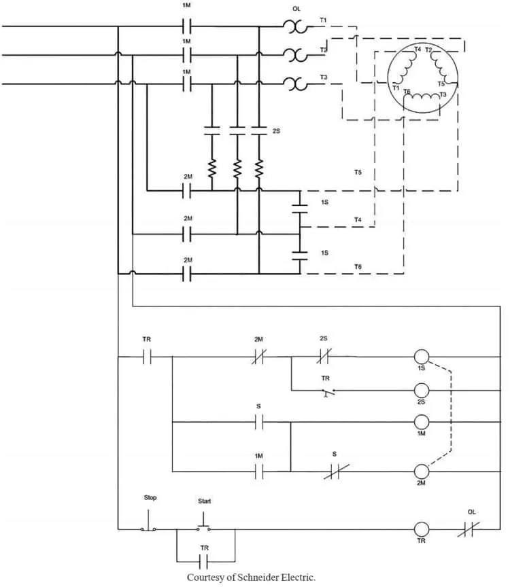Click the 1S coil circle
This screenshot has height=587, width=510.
(x=421, y=357)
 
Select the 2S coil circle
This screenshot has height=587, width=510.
(x=421, y=391)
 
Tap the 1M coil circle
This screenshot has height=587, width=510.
(x=421, y=422)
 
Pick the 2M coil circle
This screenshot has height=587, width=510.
(x=421, y=472)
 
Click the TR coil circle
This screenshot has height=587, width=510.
(x=421, y=529)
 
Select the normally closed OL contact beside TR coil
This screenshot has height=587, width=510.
(x=469, y=529)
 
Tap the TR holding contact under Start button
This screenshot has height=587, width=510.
(x=204, y=562)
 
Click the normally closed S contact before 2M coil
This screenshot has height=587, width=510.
(x=336, y=472)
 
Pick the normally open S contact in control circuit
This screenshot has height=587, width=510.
(x=258, y=422)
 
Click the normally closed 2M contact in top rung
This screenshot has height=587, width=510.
(x=259, y=357)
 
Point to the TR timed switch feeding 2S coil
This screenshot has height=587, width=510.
(x=326, y=391)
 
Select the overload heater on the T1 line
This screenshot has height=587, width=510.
(x=296, y=26)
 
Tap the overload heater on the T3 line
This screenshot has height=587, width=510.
(x=296, y=84)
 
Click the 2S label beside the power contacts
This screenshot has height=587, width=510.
(x=276, y=131)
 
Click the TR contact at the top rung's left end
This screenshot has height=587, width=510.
(x=147, y=357)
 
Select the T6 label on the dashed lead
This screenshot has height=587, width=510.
(x=358, y=267)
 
